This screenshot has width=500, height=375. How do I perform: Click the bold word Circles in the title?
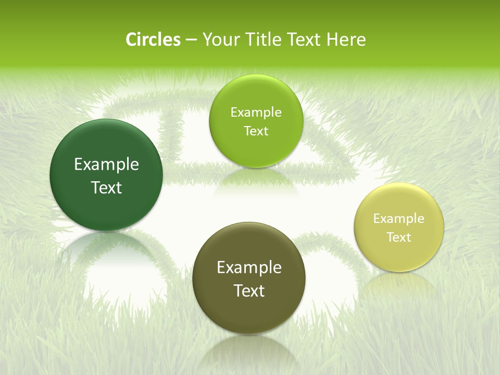(153, 40)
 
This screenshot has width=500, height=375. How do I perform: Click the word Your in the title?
(219, 40)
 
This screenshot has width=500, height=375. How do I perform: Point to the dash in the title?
(191, 40)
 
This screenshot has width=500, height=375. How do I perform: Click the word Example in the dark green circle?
(106, 165)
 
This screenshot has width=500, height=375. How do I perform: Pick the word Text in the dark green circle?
(106, 188)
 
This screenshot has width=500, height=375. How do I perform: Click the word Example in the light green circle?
(256, 113)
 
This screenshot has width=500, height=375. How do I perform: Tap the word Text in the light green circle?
(256, 131)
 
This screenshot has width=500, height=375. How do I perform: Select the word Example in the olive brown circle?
(249, 268)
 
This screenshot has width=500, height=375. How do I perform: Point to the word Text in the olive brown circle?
(249, 291)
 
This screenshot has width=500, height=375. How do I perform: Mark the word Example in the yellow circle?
(399, 219)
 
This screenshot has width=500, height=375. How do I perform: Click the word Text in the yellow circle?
(399, 238)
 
